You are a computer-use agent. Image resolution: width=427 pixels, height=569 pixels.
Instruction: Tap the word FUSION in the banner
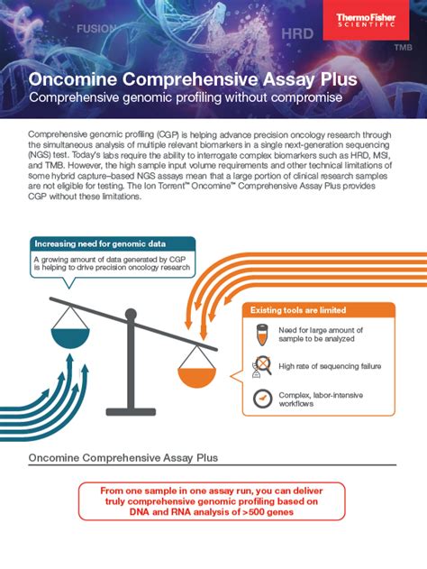(x=96, y=28)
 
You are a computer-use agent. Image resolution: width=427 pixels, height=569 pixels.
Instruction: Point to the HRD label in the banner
(x=297, y=33)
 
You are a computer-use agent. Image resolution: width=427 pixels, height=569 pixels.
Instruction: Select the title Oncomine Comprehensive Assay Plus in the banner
(x=193, y=79)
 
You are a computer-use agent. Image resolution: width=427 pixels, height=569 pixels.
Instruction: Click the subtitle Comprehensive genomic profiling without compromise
(x=186, y=96)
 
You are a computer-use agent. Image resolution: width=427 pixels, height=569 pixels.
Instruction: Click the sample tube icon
(x=262, y=335)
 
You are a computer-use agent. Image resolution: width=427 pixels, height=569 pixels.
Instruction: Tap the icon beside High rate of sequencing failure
(x=262, y=365)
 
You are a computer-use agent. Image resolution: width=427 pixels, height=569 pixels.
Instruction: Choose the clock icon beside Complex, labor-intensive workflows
(x=262, y=397)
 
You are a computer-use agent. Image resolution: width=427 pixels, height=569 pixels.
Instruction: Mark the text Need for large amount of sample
(x=317, y=335)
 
